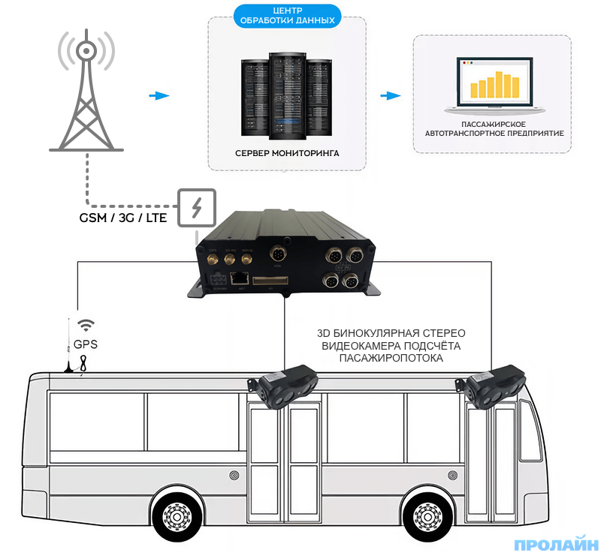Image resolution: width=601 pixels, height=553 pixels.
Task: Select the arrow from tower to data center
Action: (158, 96)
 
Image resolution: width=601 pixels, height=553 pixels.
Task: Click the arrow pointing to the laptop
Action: (389, 96)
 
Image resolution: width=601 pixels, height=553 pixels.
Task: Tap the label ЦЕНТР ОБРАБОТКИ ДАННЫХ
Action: (285, 16)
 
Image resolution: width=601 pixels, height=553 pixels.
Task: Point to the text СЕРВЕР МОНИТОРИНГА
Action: (286, 153)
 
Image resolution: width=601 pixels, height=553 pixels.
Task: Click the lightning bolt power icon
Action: (197, 207)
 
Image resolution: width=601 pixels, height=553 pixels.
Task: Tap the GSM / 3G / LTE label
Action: (123, 218)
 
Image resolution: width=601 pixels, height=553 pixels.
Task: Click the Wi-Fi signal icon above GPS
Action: (87, 325)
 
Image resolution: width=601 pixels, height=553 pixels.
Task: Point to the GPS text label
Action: (85, 345)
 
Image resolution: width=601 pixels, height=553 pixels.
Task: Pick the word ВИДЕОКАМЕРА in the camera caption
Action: (358, 346)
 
